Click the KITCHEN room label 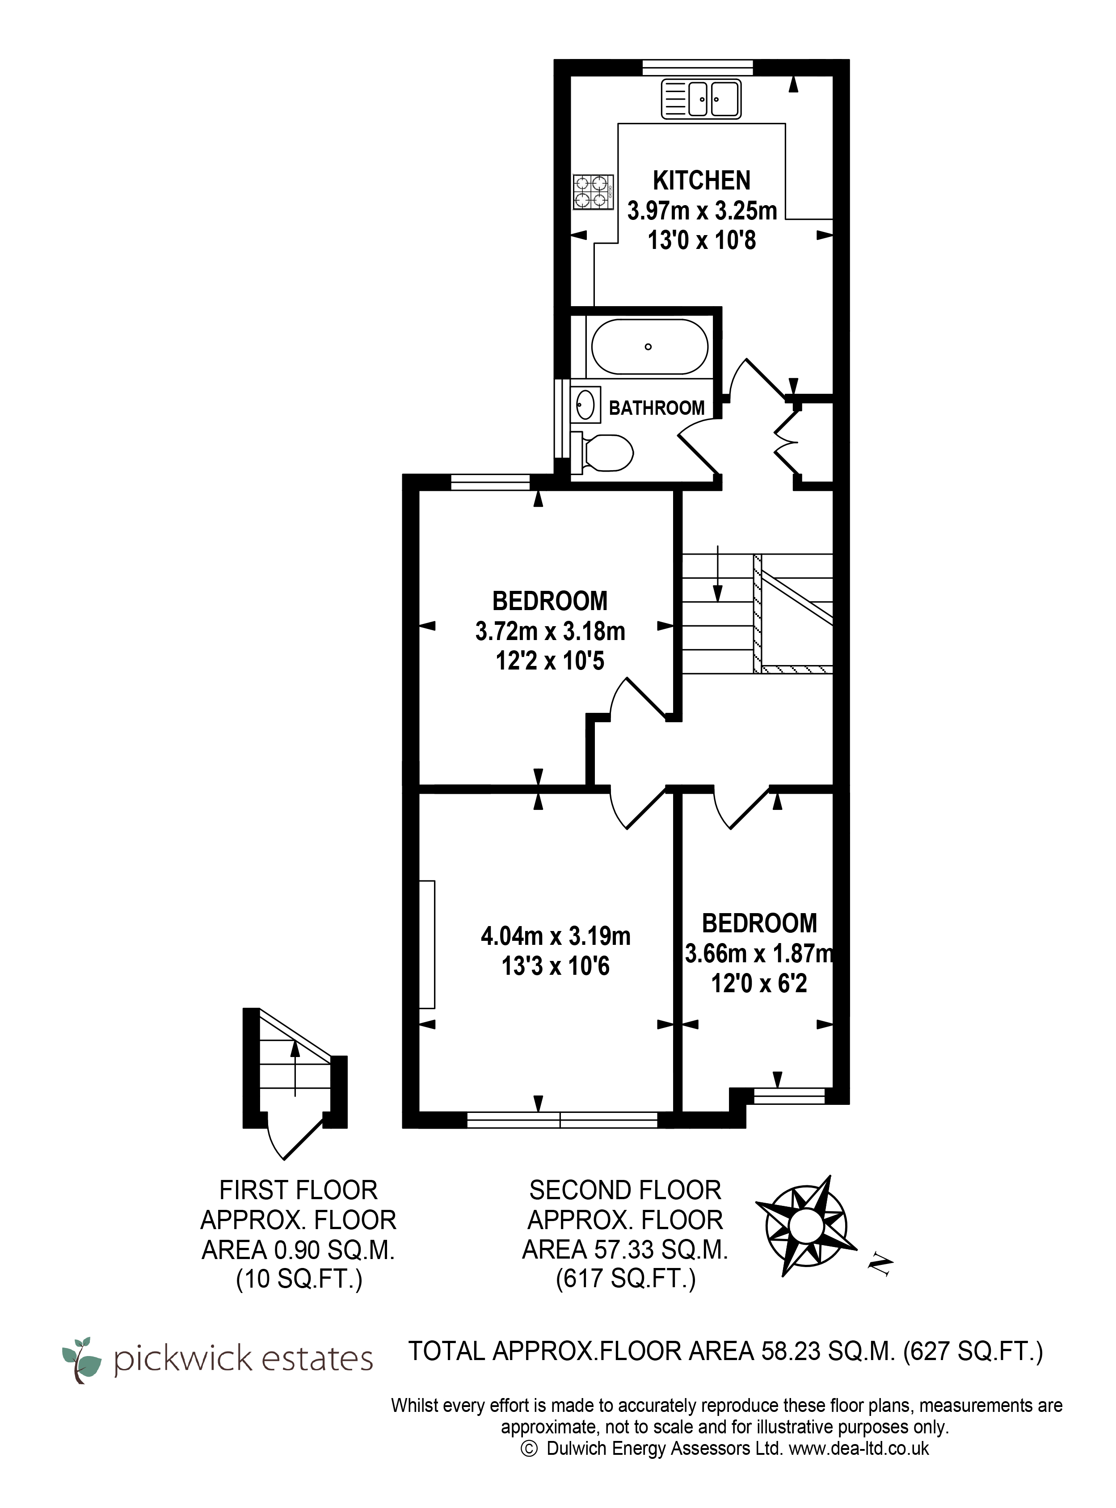click(x=701, y=181)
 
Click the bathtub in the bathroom click(x=650, y=346)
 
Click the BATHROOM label click(x=657, y=408)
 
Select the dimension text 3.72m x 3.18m click(x=550, y=631)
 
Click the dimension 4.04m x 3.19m click(x=555, y=936)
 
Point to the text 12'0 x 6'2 click(x=758, y=984)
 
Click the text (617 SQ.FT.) click(x=626, y=1278)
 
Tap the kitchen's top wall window click(x=697, y=67)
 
